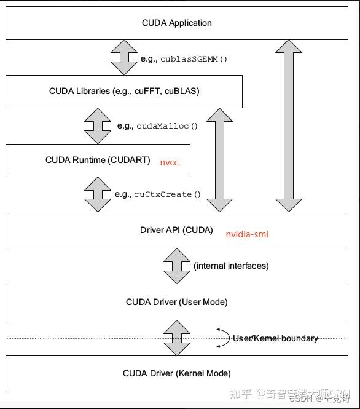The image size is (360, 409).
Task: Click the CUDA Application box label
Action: pyautogui.click(x=176, y=23)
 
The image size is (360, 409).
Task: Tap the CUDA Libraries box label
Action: pyautogui.click(x=124, y=92)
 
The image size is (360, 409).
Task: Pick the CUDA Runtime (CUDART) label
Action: pyautogui.click(x=98, y=160)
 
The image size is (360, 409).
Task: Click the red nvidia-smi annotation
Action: pyautogui.click(x=247, y=234)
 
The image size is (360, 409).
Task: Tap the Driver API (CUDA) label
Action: pyautogui.click(x=176, y=231)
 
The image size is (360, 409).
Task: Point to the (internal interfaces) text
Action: pyautogui.click(x=231, y=266)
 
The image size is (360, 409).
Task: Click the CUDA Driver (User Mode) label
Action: pyautogui.click(x=176, y=302)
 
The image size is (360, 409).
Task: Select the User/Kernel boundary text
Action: pyautogui.click(x=275, y=338)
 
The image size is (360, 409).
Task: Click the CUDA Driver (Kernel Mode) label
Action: pyautogui.click(x=176, y=373)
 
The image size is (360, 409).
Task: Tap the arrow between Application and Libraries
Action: pyautogui.click(x=123, y=58)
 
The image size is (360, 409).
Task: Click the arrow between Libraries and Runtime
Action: pyautogui.click(x=98, y=126)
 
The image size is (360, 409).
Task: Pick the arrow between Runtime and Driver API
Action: pyautogui.click(x=98, y=194)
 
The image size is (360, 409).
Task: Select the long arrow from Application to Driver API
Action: pyautogui.click(x=288, y=126)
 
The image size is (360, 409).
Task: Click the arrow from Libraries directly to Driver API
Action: pyautogui.click(x=219, y=160)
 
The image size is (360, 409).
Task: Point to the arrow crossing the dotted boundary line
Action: pyautogui.click(x=176, y=338)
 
